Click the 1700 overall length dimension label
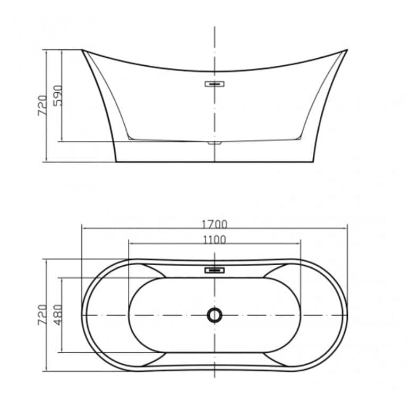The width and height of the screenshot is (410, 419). tap(215, 224)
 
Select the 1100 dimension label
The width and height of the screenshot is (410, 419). tap(215, 240)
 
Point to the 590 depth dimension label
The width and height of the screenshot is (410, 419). tap(57, 95)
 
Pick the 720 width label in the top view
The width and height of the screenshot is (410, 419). tap(42, 315)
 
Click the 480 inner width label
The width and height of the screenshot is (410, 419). tap(57, 315)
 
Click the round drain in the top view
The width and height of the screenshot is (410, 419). tap(215, 315)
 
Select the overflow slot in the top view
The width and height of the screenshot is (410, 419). tap(215, 270)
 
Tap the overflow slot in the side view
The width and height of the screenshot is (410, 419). tap(215, 84)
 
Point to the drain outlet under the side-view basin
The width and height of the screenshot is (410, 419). tap(215, 143)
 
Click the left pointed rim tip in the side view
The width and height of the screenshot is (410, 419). tap(82, 50)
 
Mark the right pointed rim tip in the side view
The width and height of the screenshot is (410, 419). tap(347, 50)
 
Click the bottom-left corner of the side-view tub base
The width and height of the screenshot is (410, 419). tap(116, 161)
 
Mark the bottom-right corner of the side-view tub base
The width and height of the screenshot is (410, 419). tap(313, 161)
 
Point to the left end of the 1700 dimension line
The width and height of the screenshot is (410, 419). tap(82, 229)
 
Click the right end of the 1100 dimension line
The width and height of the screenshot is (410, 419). tap(301, 244)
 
